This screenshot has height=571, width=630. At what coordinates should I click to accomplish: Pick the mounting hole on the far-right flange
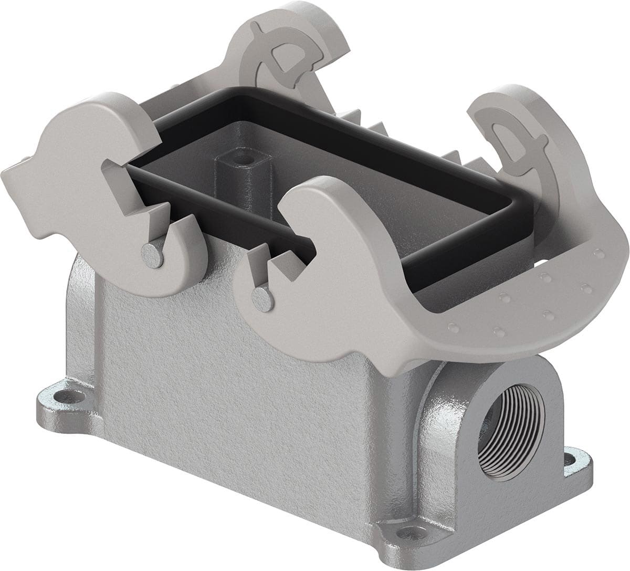(578, 459)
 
